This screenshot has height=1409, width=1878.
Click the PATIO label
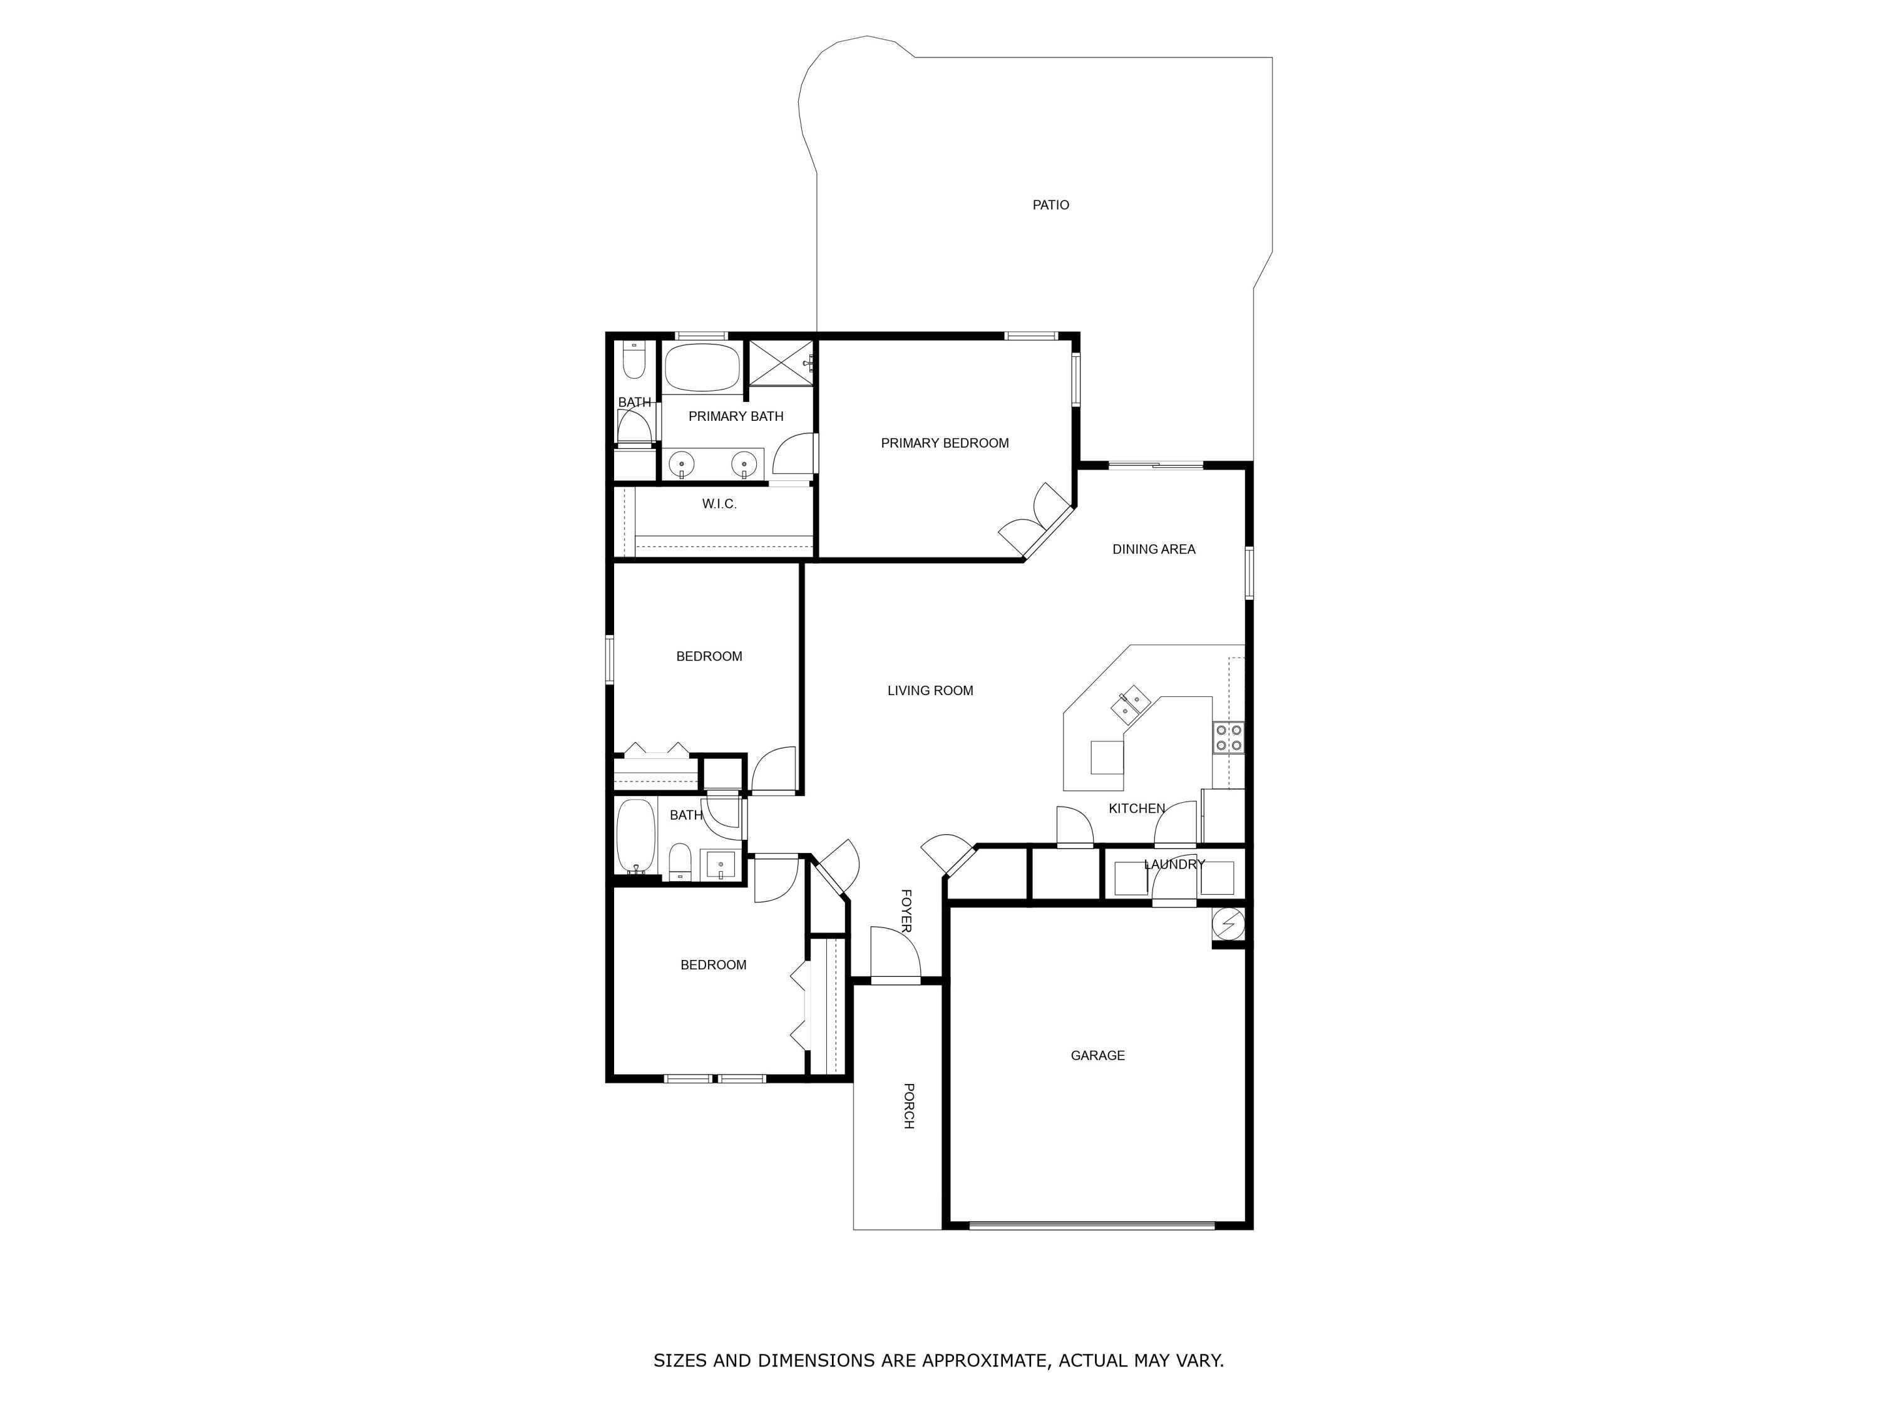(1050, 205)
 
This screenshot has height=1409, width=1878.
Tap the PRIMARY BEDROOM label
(944, 443)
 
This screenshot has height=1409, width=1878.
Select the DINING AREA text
(1153, 549)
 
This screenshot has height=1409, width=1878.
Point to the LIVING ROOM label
(930, 691)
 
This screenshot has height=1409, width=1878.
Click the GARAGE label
(1097, 1055)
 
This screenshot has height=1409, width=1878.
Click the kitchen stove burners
(1228, 736)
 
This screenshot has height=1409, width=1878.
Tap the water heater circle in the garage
(1228, 922)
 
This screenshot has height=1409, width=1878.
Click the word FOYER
(906, 911)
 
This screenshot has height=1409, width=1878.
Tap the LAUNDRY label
(1174, 864)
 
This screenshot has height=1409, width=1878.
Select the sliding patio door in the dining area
(1156, 465)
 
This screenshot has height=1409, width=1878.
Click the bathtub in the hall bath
(635, 836)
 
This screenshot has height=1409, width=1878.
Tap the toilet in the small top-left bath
(634, 360)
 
